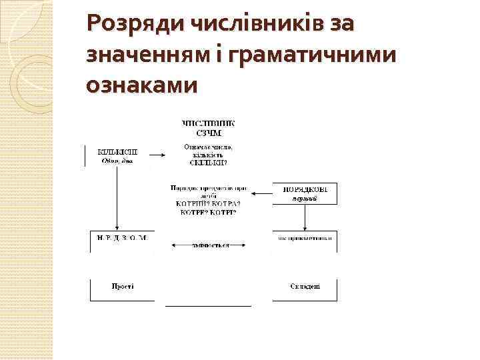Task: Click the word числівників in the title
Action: [251, 25]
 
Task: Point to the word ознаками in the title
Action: [142, 86]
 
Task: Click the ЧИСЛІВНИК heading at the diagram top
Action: [208, 123]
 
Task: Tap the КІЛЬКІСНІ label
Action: [118, 151]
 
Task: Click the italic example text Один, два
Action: [117, 160]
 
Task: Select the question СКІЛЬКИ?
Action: [208, 162]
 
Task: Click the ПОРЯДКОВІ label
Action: [306, 189]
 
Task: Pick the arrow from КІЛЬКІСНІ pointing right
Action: [157, 155]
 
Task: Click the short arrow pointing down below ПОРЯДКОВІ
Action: [305, 216]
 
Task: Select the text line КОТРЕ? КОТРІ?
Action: [208, 213]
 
